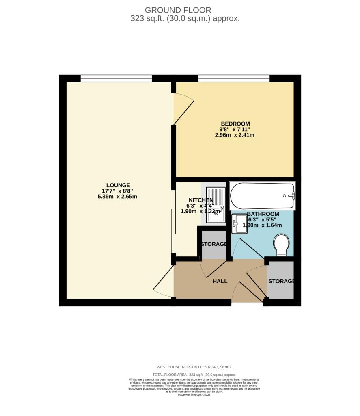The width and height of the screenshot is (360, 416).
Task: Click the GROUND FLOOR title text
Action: click(x=178, y=10)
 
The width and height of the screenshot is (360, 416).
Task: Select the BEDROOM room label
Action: click(x=235, y=123)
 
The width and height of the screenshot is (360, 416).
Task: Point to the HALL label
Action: click(x=220, y=281)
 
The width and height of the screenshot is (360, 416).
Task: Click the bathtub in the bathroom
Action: click(x=262, y=195)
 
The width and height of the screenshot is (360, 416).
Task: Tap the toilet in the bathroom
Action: click(x=282, y=245)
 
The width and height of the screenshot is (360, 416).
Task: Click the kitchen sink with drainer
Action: click(x=215, y=205)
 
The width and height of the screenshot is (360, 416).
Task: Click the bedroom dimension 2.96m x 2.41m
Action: click(x=235, y=135)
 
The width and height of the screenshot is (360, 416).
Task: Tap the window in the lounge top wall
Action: click(x=116, y=78)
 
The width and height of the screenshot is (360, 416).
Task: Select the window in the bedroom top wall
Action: click(x=234, y=78)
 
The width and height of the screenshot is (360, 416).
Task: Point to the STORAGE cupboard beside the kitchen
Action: click(x=214, y=244)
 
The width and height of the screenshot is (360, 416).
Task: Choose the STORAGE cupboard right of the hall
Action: click(x=280, y=281)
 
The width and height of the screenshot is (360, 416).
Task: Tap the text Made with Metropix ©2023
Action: click(x=194, y=394)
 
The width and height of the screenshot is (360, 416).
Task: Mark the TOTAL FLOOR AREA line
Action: click(x=194, y=375)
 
